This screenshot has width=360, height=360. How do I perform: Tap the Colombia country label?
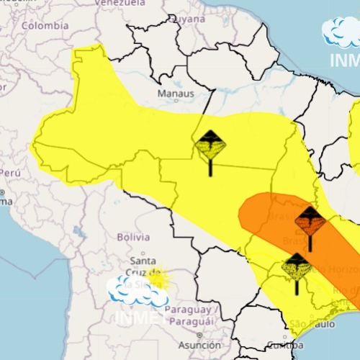[x=45, y=25]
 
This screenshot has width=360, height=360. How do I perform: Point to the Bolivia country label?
[x=132, y=236]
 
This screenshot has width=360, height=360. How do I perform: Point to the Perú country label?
[x=9, y=174]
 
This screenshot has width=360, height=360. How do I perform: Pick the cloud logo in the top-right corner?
[x=340, y=32]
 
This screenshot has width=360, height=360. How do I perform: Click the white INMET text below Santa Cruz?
[x=137, y=315]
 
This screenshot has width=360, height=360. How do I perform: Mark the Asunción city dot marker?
[x=199, y=335]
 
